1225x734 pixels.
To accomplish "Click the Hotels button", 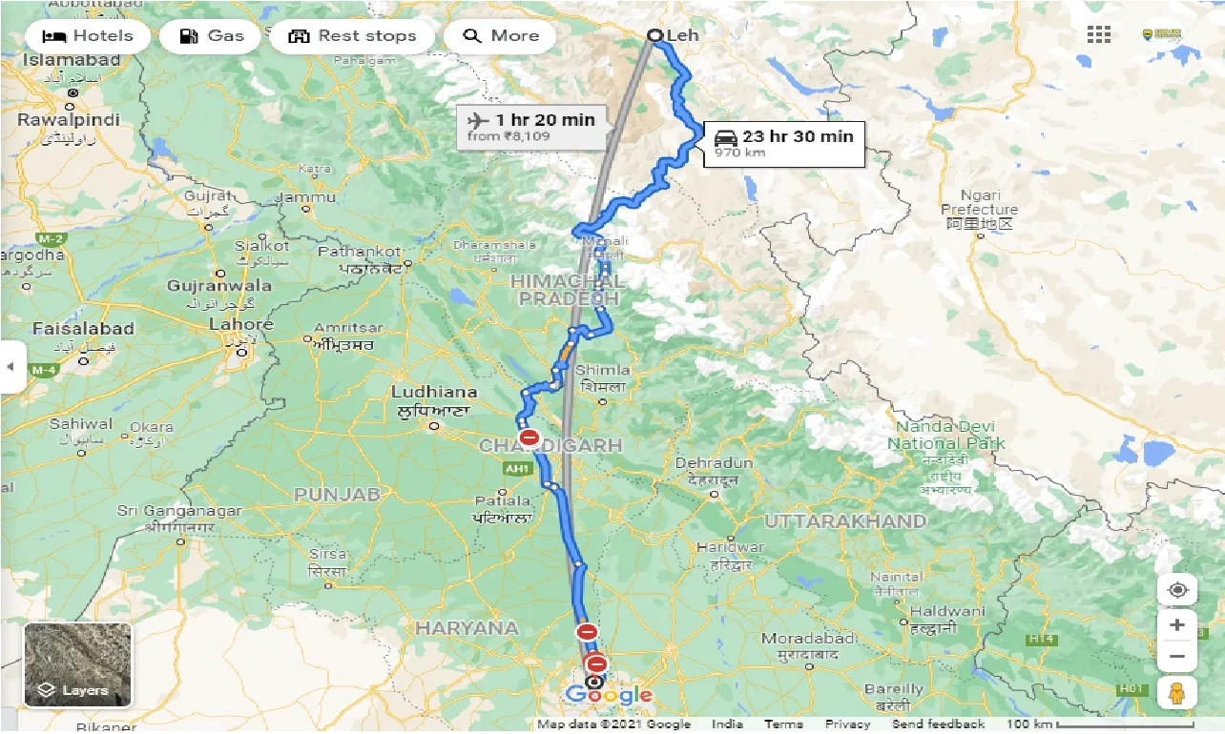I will (x=87, y=36).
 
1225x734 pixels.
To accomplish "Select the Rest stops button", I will (x=352, y=36).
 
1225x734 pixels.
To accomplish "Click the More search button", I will (x=500, y=36).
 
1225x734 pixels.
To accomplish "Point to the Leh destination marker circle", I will (x=654, y=36).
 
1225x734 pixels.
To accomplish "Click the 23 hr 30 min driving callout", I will (x=784, y=143).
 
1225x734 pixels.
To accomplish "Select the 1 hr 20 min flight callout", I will (x=530, y=127).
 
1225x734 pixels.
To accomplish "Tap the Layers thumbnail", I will (x=77, y=664).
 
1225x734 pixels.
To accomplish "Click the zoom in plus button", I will (x=1176, y=625).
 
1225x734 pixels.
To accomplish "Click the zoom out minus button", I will (x=1176, y=657).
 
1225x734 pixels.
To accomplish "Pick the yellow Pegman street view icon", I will (x=1176, y=692).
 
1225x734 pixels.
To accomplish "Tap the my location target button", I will (x=1176, y=589).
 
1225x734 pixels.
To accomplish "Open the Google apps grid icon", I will (x=1098, y=35).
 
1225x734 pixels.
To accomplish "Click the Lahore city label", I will (x=240, y=325).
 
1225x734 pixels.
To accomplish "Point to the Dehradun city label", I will (x=714, y=463).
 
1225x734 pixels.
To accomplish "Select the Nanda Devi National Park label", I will (x=945, y=436).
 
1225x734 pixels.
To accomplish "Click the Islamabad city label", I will (x=73, y=60).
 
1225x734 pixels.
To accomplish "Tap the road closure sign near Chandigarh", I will (x=529, y=438).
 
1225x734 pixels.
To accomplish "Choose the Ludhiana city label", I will (x=433, y=393).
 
